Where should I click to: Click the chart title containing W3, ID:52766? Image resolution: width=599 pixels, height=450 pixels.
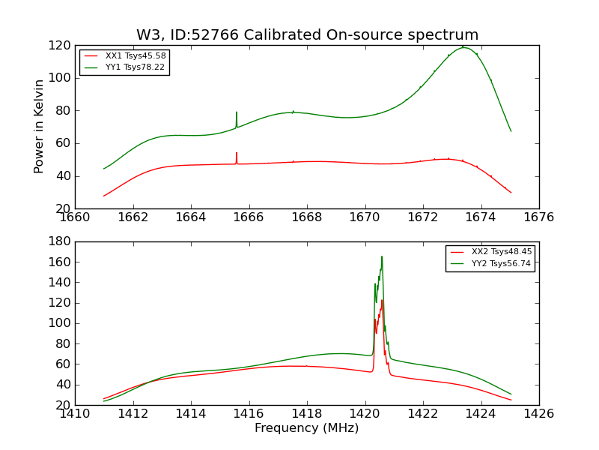[307, 35]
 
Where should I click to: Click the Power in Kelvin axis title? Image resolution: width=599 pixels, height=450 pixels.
[40, 126]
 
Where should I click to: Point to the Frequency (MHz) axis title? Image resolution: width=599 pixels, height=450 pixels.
[307, 428]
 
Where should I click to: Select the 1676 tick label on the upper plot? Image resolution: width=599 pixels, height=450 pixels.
[538, 218]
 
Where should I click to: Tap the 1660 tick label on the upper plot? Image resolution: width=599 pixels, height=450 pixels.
[75, 218]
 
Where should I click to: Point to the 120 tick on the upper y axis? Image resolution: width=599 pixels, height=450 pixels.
[60, 45]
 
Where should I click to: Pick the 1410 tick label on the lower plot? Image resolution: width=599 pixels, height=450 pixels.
[75, 414]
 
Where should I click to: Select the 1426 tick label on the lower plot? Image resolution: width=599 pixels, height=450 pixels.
[538, 414]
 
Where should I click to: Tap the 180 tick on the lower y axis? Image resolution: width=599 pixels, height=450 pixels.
[60, 241]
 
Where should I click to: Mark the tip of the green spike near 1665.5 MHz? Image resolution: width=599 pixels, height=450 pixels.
[237, 112]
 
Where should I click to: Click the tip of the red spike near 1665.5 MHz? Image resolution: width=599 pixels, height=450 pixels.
[237, 153]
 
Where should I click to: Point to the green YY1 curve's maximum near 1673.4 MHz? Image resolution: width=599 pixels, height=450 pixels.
[464, 47]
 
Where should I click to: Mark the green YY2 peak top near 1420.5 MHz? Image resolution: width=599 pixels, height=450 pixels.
[381, 256]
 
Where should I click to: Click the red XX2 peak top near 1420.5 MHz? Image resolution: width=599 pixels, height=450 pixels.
[381, 300]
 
